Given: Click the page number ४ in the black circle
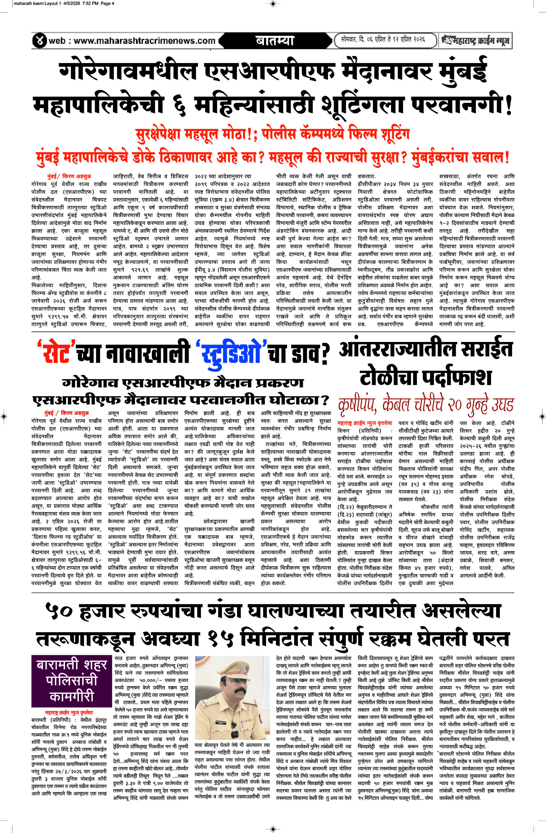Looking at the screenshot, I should click(x=40, y=41).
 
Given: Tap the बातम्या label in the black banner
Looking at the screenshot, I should click(x=275, y=41).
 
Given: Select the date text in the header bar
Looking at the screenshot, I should click(x=383, y=40).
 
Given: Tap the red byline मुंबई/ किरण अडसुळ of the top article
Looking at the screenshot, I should click(x=69, y=176).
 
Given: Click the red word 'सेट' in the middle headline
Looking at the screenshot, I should click(x=57, y=353).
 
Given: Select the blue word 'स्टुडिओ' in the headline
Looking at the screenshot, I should click(x=231, y=353).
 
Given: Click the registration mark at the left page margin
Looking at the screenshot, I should click(x=4, y=416).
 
